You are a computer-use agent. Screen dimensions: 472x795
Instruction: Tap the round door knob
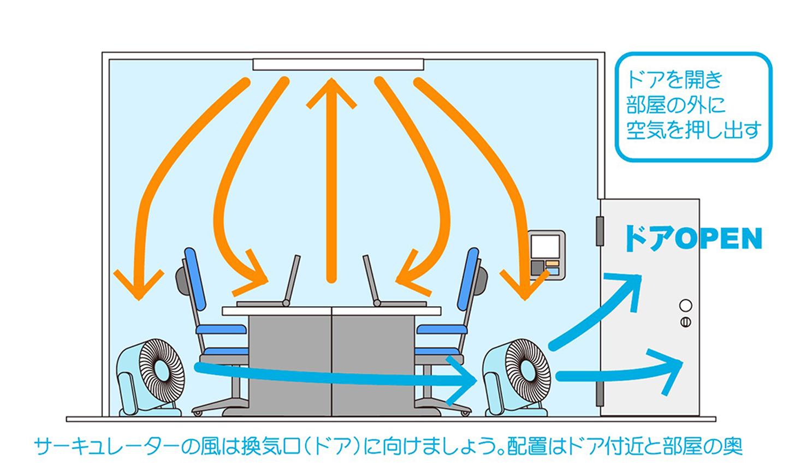click(685, 306)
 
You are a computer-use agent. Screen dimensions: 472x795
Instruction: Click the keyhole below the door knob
click(685, 322)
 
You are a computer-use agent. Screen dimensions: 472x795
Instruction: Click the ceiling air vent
click(338, 64)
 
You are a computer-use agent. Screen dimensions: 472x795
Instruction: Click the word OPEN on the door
click(718, 239)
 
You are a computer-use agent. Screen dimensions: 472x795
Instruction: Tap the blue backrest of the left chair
click(195, 278)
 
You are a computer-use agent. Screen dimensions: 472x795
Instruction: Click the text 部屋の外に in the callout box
click(675, 105)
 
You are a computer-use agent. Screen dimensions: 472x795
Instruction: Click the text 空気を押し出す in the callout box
click(693, 131)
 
